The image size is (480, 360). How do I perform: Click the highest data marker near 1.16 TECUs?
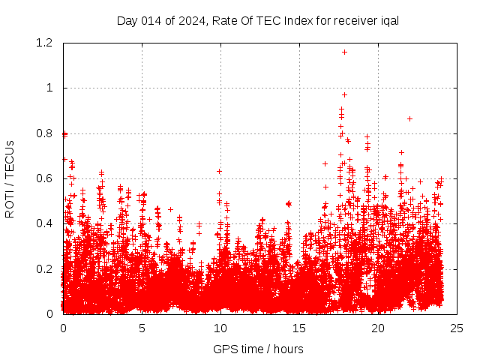coord(344,52)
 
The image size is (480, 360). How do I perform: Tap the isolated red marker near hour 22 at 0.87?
coord(409,118)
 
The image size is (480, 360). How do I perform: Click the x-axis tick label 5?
coord(142,328)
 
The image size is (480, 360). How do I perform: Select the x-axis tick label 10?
coord(220,328)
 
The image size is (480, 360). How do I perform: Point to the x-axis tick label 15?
coord(299,328)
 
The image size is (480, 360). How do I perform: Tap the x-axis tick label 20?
coord(378,328)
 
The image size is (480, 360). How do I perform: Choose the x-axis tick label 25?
coord(457,328)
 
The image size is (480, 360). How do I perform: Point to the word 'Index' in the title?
coord(287,20)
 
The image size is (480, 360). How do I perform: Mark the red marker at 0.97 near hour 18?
coord(344,94)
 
